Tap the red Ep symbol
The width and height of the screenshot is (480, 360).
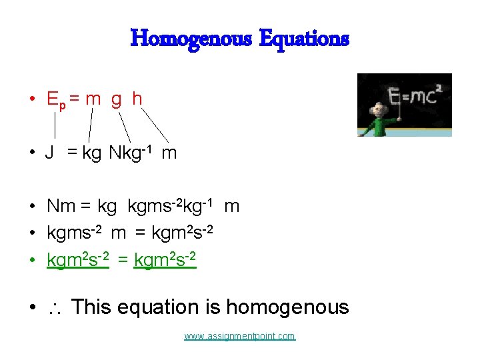pos(55,100)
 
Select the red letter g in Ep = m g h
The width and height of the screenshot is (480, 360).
pos(116,100)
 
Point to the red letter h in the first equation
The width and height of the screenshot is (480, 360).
pos(137,99)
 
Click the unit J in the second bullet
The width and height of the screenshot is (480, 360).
pos(49,153)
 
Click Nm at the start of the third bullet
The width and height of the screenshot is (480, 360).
pos(61,207)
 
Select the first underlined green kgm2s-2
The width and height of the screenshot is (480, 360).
pos(77,260)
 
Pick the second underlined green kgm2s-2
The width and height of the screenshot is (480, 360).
pos(165,260)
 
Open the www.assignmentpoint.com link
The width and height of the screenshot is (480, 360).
pos(240,337)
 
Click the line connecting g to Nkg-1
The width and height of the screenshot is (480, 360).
pos(124,126)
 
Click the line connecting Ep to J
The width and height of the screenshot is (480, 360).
pos(55,126)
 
